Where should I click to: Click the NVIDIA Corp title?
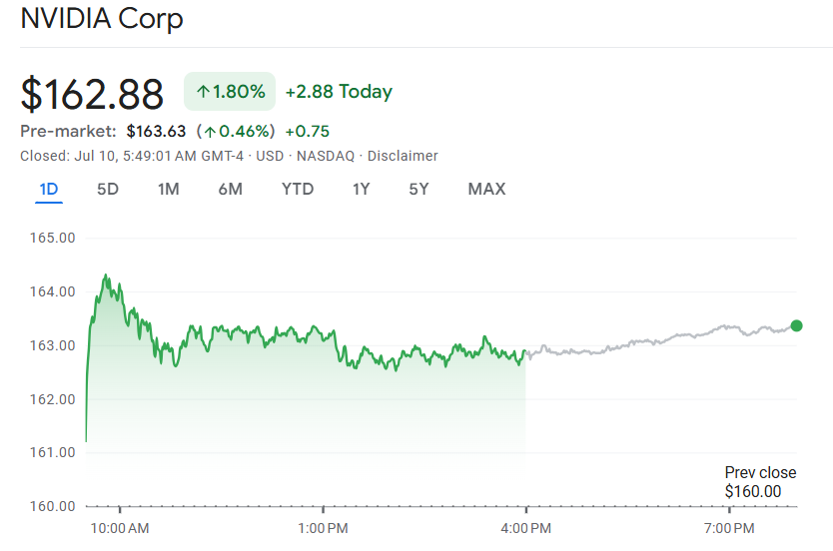102,19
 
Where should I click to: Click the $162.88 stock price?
92,94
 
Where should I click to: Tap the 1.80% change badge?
230,92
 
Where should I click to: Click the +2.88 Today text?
339,92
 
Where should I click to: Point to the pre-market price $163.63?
156,131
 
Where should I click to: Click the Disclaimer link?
403,156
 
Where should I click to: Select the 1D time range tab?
49,189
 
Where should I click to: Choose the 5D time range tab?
108,189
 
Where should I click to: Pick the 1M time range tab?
169,189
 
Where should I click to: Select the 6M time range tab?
230,189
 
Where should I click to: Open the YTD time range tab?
298,189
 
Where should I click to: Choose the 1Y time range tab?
362,189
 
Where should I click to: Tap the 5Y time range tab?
418,189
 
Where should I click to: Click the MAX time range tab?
486,189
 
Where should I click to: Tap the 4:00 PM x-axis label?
526,527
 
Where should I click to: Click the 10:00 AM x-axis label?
119,527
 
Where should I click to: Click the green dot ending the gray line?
796,325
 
